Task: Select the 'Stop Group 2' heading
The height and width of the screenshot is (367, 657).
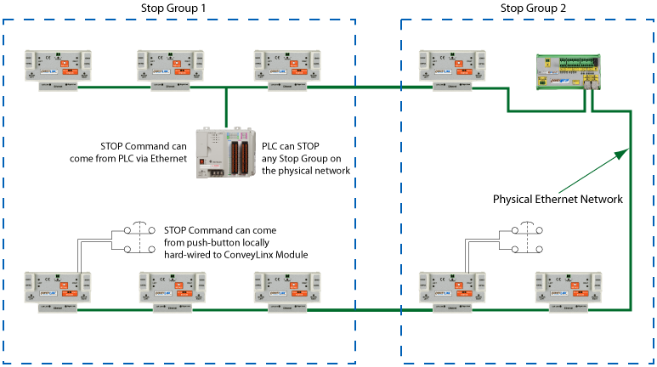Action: tap(534, 8)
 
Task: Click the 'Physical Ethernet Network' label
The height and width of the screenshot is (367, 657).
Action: tap(558, 199)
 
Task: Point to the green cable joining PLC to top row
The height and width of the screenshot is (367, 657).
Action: tap(227, 105)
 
